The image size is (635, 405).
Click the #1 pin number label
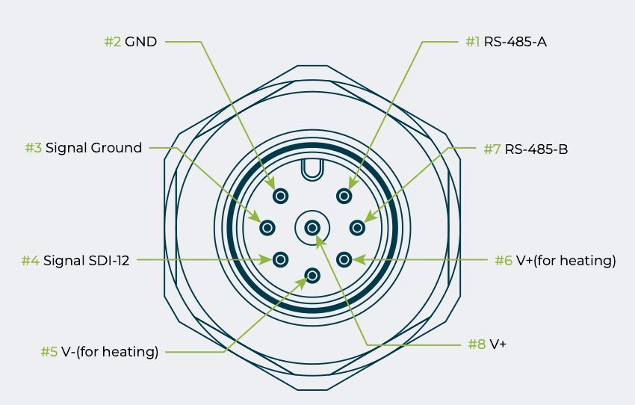472,42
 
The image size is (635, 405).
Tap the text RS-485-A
515,42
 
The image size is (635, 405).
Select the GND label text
141,42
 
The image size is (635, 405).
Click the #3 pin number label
33,148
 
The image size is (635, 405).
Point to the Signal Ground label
93,148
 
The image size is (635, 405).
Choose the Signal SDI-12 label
86,261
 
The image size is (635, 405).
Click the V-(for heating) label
110,352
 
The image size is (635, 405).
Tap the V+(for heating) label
566,261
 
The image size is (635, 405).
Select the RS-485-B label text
536,149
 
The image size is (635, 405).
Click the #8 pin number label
477,344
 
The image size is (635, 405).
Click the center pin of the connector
312,227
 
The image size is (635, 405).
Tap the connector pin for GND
281,197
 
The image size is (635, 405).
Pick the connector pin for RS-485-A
344,197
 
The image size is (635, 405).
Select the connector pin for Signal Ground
268,227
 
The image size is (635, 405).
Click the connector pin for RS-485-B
357,227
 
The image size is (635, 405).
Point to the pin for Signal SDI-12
281,259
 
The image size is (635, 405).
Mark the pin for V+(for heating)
344,259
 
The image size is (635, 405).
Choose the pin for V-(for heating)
312,276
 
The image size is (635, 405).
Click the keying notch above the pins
312,170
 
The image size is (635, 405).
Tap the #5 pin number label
49,352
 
